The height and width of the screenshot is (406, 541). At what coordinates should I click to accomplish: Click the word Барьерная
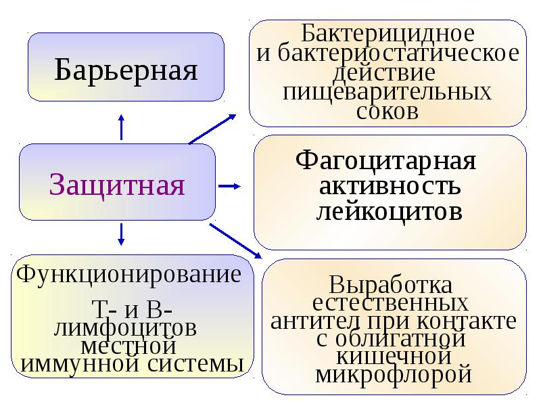pyautogui.click(x=126, y=70)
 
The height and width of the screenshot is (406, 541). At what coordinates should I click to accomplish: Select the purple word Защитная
pyautogui.click(x=117, y=185)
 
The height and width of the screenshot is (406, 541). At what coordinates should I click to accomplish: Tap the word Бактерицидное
pyautogui.click(x=387, y=33)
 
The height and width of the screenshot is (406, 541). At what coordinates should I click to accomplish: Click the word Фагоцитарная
pyautogui.click(x=385, y=160)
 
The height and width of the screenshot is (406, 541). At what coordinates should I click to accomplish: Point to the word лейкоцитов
pyautogui.click(x=390, y=210)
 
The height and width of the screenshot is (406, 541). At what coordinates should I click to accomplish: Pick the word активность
pyautogui.click(x=390, y=186)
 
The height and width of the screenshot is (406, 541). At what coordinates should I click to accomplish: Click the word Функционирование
pyautogui.click(x=128, y=275)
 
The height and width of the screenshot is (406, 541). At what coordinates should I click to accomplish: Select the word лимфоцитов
pyautogui.click(x=125, y=328)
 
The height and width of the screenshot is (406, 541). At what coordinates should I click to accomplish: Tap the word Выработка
pyautogui.click(x=390, y=286)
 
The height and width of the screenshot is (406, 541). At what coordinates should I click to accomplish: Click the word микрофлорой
pyautogui.click(x=394, y=375)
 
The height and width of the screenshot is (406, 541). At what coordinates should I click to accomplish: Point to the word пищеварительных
pyautogui.click(x=387, y=92)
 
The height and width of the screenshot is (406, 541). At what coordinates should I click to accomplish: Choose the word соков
pyautogui.click(x=387, y=112)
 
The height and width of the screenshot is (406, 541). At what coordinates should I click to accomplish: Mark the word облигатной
pyautogui.click(x=400, y=339)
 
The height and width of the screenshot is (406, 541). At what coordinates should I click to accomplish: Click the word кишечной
pyautogui.click(x=394, y=356)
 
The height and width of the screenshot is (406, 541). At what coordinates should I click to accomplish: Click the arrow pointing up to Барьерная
pyautogui.click(x=121, y=127)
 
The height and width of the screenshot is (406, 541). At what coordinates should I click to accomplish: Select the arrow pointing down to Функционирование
pyautogui.click(x=121, y=234)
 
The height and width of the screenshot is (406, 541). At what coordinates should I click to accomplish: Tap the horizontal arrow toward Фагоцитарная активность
pyautogui.click(x=229, y=186)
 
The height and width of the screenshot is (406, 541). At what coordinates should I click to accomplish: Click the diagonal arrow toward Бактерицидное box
pyautogui.click(x=212, y=129)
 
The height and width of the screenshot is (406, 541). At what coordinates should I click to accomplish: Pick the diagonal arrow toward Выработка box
pyautogui.click(x=236, y=241)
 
